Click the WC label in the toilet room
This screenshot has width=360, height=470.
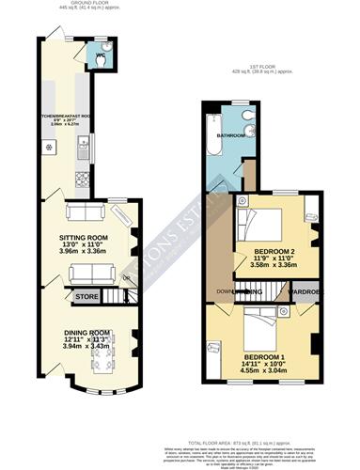98,58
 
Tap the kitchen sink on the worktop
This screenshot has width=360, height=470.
85,145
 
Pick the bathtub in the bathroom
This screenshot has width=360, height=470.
210,141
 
